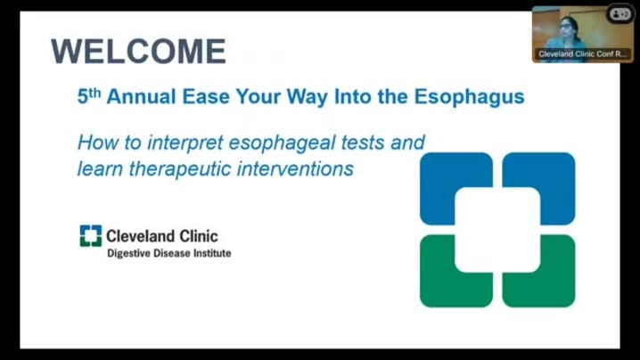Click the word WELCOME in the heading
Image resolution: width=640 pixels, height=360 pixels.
tap(138, 52)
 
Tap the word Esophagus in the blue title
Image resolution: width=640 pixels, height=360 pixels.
tap(470, 97)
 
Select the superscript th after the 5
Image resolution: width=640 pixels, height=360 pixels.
tap(94, 93)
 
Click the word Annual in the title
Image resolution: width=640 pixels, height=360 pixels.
tap(142, 97)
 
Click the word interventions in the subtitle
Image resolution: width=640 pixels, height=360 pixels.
tap(295, 168)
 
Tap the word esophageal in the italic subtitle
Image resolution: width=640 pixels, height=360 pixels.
tap(282, 143)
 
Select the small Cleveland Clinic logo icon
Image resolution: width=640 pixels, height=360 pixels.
tap(91, 236)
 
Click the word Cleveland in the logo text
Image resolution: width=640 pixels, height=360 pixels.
tap(135, 236)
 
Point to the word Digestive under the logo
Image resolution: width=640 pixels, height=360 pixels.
tap(128, 253)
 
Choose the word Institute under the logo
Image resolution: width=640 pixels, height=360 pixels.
tap(212, 253)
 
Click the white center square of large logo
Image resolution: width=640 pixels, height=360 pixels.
tap(497, 230)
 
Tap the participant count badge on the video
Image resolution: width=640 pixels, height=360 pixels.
tap(620, 14)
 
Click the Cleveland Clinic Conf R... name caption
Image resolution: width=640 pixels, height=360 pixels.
tap(582, 53)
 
